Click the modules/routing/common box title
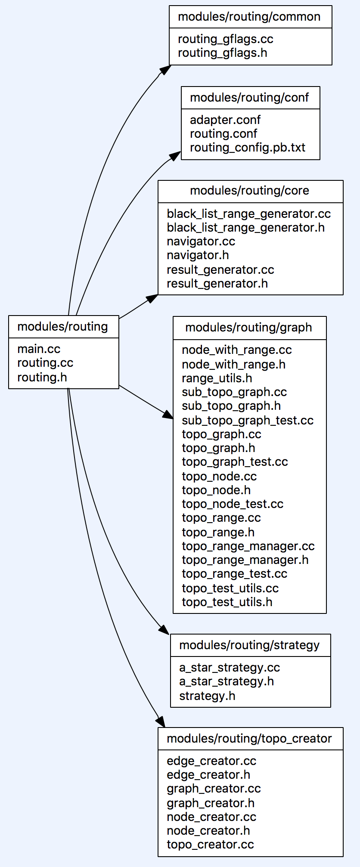(249, 17)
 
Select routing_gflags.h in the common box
(222, 53)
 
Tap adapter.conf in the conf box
(225, 120)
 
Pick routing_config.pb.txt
(248, 148)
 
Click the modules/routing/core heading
(250, 191)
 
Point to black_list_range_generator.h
(245, 228)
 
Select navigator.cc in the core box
(201, 242)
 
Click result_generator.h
(217, 284)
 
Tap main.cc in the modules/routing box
(39, 349)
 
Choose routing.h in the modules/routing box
(42, 378)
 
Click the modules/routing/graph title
(249, 328)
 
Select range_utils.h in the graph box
(217, 378)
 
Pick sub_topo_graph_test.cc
(248, 421)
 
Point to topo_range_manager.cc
(248, 546)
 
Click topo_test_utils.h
(227, 602)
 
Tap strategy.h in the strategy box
(207, 696)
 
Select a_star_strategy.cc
(230, 668)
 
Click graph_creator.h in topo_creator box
(211, 803)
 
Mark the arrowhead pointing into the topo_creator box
(161, 722)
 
